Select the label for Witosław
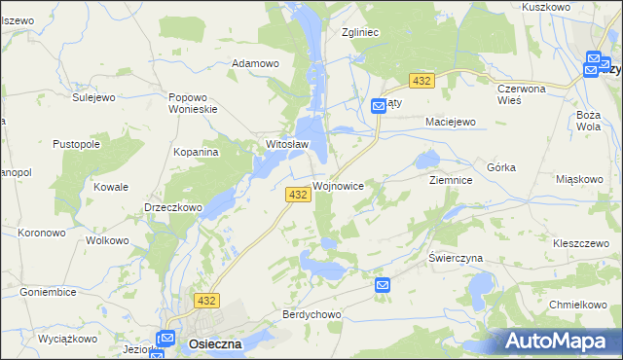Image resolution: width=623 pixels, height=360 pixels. (287, 145)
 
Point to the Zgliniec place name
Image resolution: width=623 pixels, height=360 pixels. (359, 32)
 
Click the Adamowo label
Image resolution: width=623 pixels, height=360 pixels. (255, 64)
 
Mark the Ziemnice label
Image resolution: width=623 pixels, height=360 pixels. (451, 181)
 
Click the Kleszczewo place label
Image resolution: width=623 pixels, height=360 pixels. (580, 241)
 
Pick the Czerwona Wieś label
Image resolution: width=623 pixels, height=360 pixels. (523, 93)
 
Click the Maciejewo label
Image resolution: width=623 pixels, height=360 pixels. (450, 122)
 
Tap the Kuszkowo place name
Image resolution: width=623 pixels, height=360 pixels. (572, 7)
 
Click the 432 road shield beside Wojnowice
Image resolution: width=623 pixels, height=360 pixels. (299, 196)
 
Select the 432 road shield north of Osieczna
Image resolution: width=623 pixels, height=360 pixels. (206, 302)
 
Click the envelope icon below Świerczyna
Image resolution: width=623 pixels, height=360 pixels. (383, 285)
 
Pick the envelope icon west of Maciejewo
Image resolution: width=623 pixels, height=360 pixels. (379, 107)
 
